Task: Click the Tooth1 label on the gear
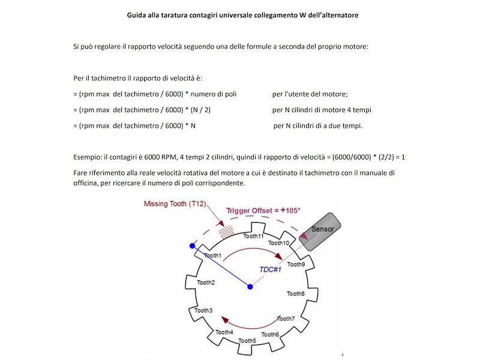tap(213, 256)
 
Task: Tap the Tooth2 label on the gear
tap(206, 282)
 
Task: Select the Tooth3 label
tap(203, 310)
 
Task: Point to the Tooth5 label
tap(247, 341)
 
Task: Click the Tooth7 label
tap(286, 318)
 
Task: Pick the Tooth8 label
tap(296, 293)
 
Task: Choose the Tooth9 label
tap(296, 264)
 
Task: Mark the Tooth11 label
tap(253, 236)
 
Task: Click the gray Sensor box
tap(324, 228)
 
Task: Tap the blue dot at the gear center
tap(250, 287)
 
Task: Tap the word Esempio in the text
tap(87, 157)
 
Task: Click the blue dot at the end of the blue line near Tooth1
tap(193, 246)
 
